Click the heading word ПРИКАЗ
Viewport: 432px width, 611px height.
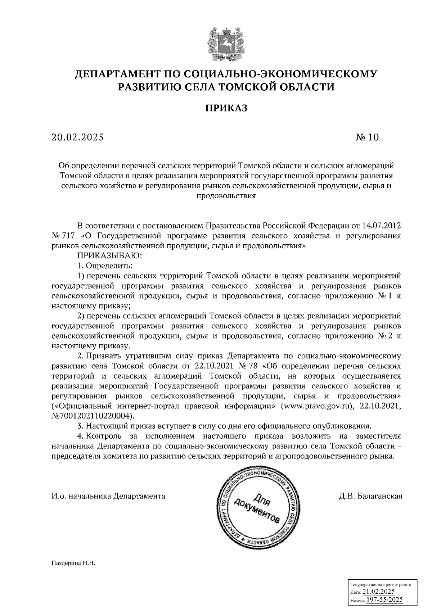point(226,108)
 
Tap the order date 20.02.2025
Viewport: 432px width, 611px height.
point(77,137)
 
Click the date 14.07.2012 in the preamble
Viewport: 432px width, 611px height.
point(382,226)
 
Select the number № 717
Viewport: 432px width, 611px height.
point(63,236)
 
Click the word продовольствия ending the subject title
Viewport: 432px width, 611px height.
point(226,196)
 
